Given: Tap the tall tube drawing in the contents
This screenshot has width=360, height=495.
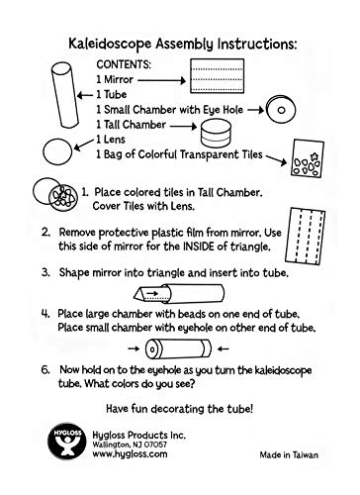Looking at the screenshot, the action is click(x=65, y=95).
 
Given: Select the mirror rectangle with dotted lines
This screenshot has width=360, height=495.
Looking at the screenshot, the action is click(x=218, y=76).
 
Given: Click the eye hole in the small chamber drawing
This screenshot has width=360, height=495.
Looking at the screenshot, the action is click(x=281, y=110).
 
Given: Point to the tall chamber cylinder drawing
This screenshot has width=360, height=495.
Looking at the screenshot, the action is click(x=216, y=134).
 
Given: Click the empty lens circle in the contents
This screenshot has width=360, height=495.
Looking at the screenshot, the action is click(x=57, y=151).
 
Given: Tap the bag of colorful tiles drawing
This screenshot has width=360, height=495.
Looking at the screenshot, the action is click(x=308, y=158).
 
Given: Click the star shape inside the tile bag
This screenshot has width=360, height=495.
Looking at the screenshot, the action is click(x=315, y=155).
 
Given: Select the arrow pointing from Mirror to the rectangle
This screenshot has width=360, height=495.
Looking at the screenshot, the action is click(x=162, y=80).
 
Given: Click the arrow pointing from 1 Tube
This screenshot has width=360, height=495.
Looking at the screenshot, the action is click(x=85, y=96).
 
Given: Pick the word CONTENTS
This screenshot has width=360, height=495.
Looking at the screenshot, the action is click(x=124, y=64).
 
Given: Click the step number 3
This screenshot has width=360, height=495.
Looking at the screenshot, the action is click(x=45, y=273).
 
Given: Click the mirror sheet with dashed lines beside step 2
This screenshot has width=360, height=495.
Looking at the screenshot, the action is click(x=306, y=237).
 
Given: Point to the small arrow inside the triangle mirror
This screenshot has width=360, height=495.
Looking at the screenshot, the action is click(x=152, y=293).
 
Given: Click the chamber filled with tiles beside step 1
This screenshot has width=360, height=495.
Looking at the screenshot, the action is click(x=63, y=199).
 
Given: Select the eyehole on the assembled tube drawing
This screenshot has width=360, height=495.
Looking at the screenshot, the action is click(x=152, y=349).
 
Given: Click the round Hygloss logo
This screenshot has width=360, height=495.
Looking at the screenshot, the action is click(x=67, y=441).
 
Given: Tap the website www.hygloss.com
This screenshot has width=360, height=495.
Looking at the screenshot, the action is click(x=130, y=454).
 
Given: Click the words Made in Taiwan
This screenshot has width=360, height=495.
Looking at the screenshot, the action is click(x=289, y=455).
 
